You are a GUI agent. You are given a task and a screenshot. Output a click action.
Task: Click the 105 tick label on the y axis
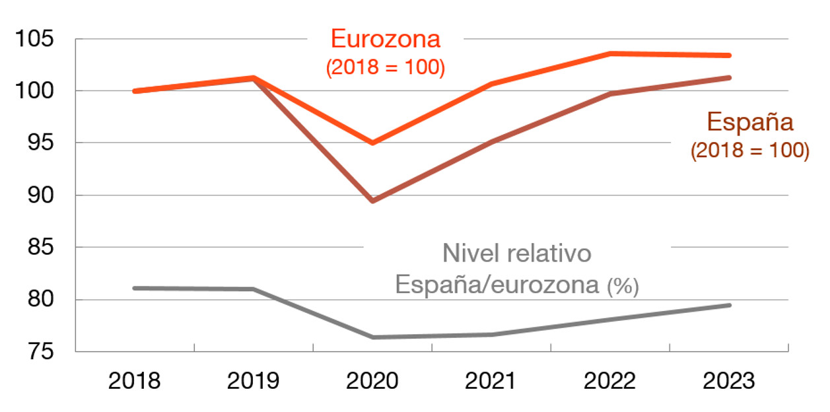[35, 38]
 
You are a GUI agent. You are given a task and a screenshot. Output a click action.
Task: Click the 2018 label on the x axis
[135, 382]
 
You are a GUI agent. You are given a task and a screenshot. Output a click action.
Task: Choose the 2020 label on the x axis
[372, 382]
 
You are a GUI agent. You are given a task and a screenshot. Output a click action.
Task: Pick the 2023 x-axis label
[729, 382]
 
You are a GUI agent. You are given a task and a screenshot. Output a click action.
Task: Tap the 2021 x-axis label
[491, 382]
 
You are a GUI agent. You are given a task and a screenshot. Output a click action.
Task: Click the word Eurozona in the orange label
[386, 40]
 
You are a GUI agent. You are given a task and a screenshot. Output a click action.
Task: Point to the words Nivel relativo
[516, 254]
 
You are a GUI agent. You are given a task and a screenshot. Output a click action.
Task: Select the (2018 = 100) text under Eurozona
[386, 67]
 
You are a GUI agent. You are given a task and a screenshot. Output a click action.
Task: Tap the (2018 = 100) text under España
[750, 151]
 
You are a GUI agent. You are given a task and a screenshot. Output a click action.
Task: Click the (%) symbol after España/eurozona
[623, 287]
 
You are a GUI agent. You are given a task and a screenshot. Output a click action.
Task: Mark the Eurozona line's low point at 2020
[373, 143]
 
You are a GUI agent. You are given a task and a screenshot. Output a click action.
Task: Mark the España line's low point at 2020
[373, 201]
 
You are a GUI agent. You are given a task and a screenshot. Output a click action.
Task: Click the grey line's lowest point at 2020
[373, 337]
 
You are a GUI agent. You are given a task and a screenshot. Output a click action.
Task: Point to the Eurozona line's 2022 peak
[611, 53]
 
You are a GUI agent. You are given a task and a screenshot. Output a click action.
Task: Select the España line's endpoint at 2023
[730, 77]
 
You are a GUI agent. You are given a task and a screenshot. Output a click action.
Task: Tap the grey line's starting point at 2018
[135, 288]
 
